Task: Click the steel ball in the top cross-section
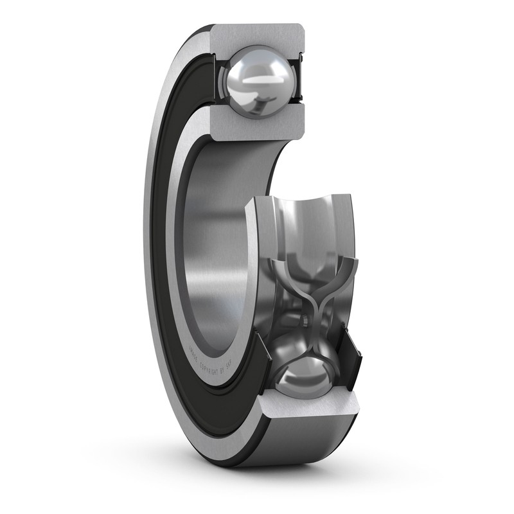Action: coord(257,82)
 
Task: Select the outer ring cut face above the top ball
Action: coord(257,35)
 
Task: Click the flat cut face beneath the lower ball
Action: coord(308,414)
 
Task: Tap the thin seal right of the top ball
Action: coord(297,80)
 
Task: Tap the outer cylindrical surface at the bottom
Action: coord(302,450)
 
